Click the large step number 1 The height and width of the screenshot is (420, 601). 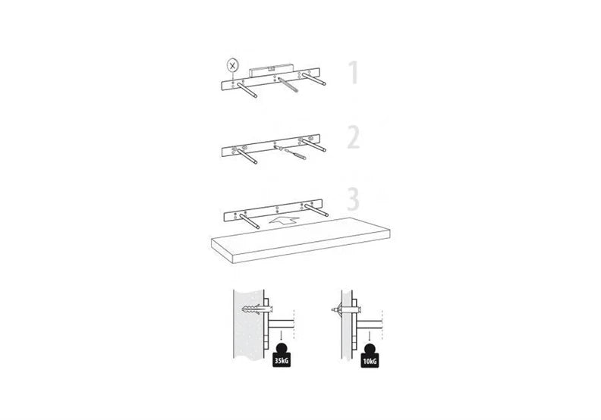coord(354,72)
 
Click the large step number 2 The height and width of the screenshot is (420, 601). coord(354,138)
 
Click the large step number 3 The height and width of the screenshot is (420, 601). coord(354,199)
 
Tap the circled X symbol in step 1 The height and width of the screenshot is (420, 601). coord(232,65)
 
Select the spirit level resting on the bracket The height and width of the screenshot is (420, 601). coord(271,71)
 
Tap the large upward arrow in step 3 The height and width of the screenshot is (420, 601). coord(284,220)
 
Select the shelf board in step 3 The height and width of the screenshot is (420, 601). coord(300,240)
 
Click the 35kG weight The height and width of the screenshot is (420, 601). coord(282,356)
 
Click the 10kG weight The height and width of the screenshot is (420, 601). coord(370,356)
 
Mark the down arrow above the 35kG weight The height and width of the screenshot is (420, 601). coord(282,336)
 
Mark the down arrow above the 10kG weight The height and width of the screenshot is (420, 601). coord(370,336)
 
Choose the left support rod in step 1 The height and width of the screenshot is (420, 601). coord(247,90)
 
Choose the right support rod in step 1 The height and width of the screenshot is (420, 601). coord(314,79)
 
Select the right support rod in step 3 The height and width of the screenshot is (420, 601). coord(316,211)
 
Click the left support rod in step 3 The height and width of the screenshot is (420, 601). coord(250,221)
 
